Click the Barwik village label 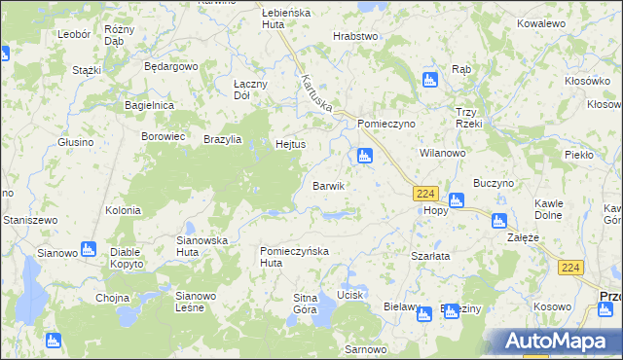click(x=328, y=185)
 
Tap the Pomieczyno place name click(x=386, y=125)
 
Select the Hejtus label click(x=291, y=144)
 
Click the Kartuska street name click(x=317, y=93)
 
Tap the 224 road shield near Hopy click(x=425, y=194)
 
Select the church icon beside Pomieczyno click(x=364, y=156)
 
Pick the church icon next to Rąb click(x=429, y=80)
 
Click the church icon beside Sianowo click(x=89, y=249)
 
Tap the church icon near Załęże click(x=499, y=221)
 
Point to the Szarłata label click(x=429, y=256)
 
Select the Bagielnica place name click(x=149, y=104)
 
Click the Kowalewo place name click(x=568, y=22)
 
